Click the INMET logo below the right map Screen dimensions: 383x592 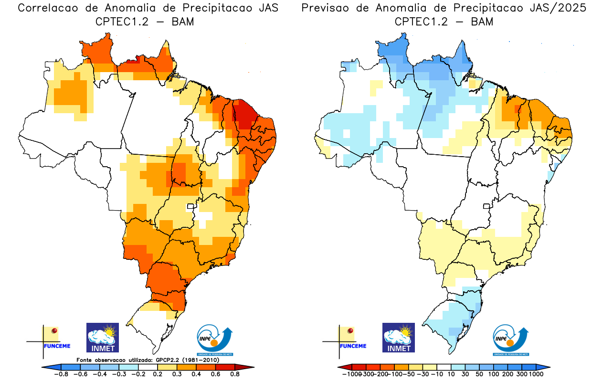(399, 338)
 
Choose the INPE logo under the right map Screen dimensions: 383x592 (511, 340)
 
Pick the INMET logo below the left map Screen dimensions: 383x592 (102, 338)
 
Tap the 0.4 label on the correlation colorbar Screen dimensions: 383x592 (196, 374)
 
